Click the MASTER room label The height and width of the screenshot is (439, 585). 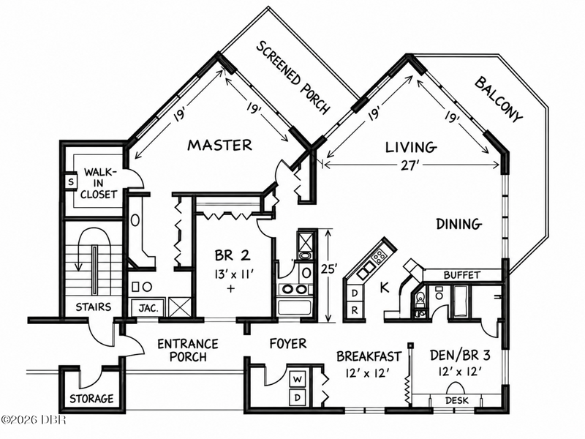[220, 145]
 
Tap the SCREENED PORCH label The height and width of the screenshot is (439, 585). [294, 78]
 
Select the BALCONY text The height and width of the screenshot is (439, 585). [499, 99]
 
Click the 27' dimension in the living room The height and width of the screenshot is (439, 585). [409, 165]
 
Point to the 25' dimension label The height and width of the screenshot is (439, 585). [329, 269]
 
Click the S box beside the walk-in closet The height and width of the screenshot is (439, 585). [71, 182]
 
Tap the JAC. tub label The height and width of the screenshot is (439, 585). [148, 308]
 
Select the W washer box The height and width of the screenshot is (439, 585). [298, 380]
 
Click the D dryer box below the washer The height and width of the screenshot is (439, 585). [298, 397]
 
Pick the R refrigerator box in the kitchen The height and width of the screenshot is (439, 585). [355, 309]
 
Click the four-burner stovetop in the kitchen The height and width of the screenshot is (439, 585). [380, 256]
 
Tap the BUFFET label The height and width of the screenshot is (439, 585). [461, 275]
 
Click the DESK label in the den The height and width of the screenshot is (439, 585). [456, 401]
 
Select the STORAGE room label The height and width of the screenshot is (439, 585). [91, 399]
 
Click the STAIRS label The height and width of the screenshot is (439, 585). [94, 307]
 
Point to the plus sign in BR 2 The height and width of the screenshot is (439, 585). [231, 288]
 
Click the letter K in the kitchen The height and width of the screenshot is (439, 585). [385, 288]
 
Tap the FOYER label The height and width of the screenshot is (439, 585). [288, 343]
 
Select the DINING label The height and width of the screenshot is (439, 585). [459, 224]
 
